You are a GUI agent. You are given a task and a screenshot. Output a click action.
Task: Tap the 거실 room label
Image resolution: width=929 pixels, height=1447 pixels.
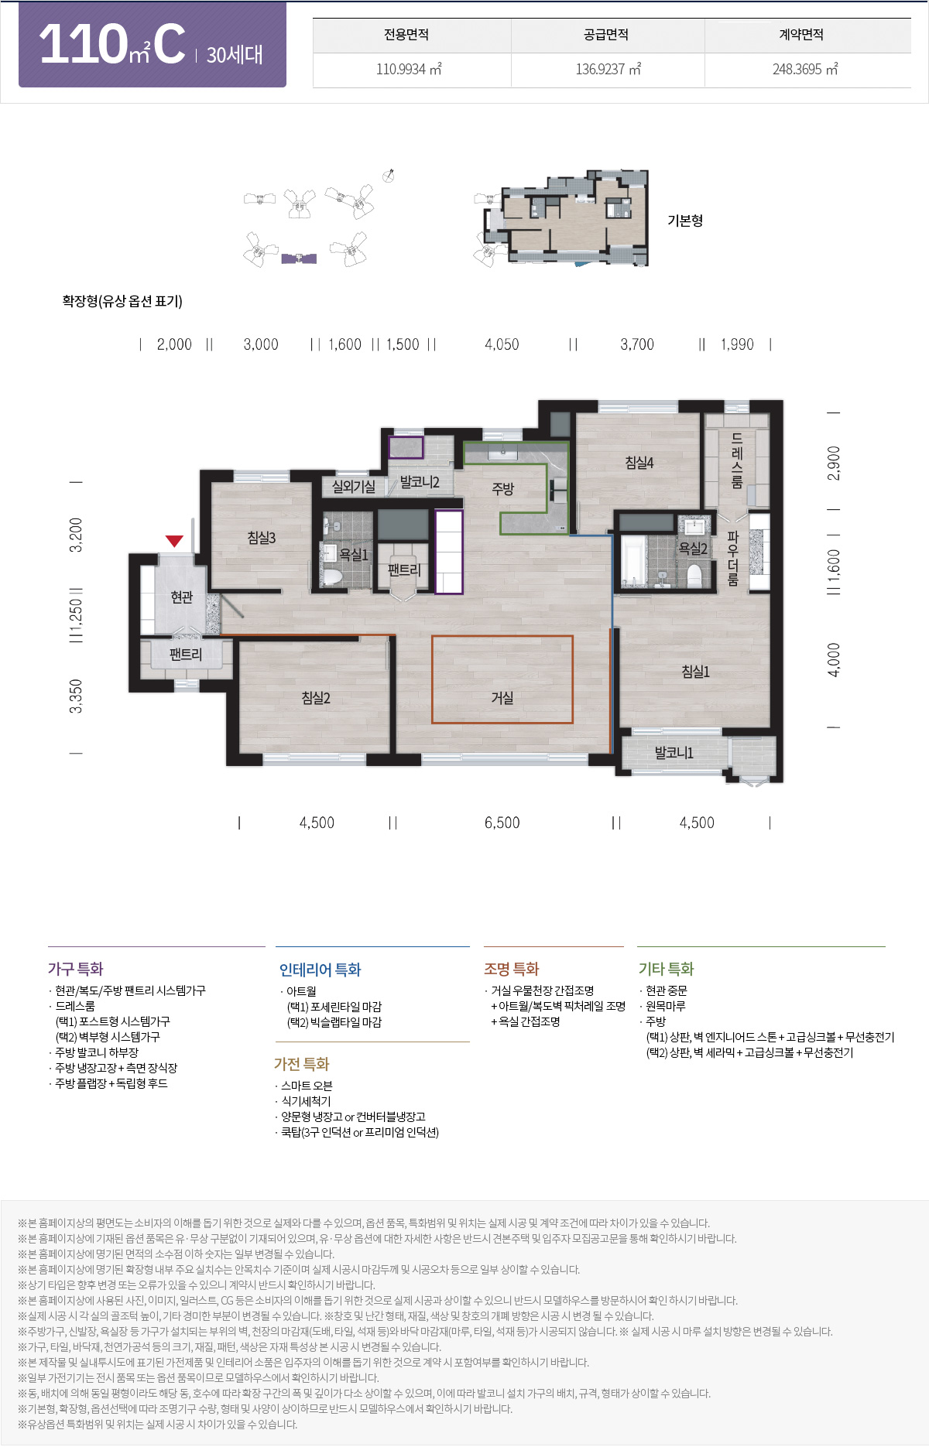502,697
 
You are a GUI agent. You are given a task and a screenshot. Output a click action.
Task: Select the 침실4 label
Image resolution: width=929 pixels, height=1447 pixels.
639,463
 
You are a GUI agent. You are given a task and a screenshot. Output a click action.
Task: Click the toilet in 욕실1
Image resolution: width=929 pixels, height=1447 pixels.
332,576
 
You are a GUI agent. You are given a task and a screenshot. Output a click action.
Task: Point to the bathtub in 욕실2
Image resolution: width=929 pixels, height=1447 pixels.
632,560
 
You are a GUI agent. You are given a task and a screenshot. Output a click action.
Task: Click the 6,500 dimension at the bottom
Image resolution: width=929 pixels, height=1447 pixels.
502,823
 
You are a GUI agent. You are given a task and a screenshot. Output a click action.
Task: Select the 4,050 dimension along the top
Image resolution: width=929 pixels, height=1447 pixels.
502,344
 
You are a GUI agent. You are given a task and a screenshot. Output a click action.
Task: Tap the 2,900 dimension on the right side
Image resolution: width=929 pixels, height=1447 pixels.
834,463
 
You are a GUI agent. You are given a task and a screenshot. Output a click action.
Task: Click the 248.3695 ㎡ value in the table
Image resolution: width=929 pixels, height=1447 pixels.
805,70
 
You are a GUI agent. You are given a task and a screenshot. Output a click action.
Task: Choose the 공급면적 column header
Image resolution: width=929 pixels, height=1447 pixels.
606,35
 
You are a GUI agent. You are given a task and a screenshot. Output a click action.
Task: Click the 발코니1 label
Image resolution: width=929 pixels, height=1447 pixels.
674,752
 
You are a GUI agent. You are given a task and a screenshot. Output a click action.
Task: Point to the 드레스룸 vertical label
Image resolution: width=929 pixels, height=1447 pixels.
737,460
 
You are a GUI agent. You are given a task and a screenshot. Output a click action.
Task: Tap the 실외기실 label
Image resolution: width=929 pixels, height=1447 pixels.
353,487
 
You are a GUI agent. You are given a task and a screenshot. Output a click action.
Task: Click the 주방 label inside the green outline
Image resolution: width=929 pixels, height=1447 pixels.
502,489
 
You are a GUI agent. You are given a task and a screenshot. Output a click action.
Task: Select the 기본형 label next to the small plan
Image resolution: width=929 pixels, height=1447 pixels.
685,221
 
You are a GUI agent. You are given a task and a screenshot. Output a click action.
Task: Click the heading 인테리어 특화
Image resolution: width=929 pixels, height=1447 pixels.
320,970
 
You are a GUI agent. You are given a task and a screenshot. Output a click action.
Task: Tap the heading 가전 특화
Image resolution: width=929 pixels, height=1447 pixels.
301,1064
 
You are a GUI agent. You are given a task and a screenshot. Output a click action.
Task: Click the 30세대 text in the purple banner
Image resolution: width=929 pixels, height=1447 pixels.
235,55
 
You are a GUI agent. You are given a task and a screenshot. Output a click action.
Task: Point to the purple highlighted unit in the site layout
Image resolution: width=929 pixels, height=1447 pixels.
299,258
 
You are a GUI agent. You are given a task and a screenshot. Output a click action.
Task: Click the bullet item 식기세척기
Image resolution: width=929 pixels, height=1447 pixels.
306,1101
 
